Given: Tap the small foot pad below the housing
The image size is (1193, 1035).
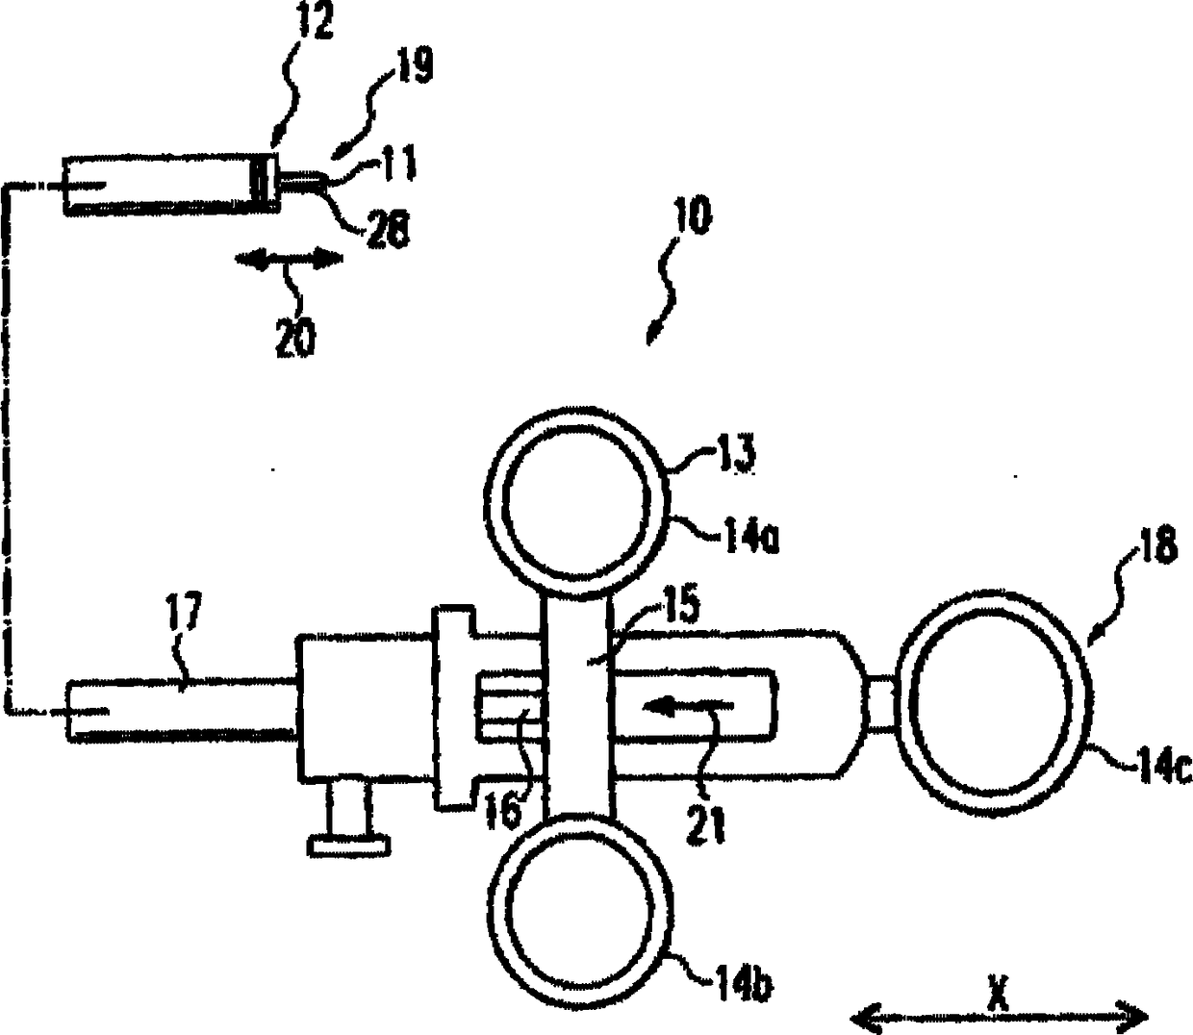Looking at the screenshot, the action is [348, 845].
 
